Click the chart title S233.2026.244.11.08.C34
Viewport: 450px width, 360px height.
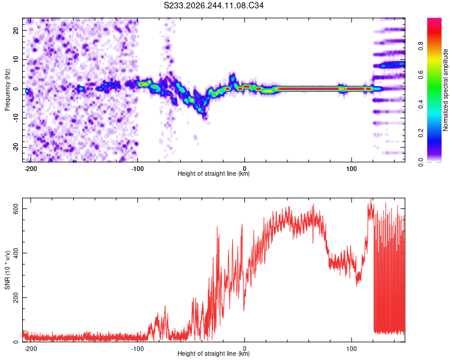pyautogui.click(x=214, y=5)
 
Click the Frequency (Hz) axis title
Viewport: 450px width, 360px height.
pyautogui.click(x=7, y=90)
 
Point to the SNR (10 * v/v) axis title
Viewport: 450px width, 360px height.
pyautogui.click(x=7, y=270)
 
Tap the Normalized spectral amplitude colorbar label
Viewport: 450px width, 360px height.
pyautogui.click(x=445, y=90)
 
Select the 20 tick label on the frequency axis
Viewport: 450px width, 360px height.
pyautogui.click(x=16, y=31)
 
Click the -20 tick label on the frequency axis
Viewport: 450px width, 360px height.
pyautogui.click(x=16, y=147)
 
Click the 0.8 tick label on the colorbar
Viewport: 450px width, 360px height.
pyautogui.click(x=421, y=46)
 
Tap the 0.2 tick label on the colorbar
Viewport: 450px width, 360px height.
pyautogui.click(x=421, y=133)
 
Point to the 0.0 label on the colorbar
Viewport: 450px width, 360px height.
pyautogui.click(x=421, y=162)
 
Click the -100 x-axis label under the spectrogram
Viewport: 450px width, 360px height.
pyautogui.click(x=137, y=169)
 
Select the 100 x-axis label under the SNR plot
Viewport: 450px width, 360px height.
pyautogui.click(x=351, y=349)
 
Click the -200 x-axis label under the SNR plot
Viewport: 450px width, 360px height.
pyautogui.click(x=31, y=349)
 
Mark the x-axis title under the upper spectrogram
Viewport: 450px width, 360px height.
pyautogui.click(x=214, y=173)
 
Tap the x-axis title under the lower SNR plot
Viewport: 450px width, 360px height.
pyautogui.click(x=214, y=353)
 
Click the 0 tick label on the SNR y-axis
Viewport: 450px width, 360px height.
pyautogui.click(x=16, y=342)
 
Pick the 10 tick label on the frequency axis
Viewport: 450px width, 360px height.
pyautogui.click(x=16, y=59)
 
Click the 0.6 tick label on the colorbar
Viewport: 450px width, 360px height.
pyautogui.click(x=421, y=75)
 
